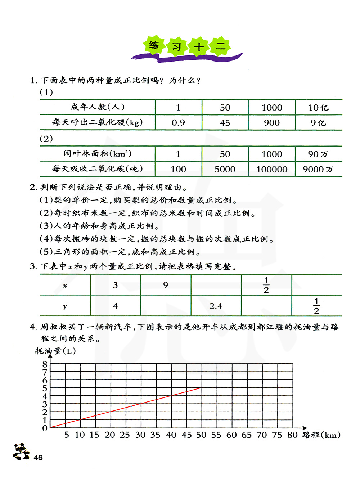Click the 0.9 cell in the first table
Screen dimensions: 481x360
(178, 123)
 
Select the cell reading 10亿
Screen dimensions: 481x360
(318, 108)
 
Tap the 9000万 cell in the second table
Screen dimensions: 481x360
(318, 169)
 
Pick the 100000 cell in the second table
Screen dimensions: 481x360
(272, 169)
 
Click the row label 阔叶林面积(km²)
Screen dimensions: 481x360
(98, 154)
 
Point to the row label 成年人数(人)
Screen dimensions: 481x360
(98, 107)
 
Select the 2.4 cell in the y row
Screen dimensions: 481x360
(216, 306)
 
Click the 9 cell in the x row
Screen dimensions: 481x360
(166, 285)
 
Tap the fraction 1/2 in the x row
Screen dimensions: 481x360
(266, 285)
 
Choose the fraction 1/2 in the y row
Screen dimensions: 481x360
(316, 306)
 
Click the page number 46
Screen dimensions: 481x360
(38, 458)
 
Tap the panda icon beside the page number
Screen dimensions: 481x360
(21, 451)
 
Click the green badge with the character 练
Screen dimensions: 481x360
(154, 45)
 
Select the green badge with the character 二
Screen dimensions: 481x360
(220, 46)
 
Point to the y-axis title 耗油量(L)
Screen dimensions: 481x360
(55, 351)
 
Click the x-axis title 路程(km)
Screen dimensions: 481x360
(321, 435)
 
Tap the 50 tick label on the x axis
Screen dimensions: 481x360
(201, 435)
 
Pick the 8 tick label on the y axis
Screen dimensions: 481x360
(45, 364)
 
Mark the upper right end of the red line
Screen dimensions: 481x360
(201, 388)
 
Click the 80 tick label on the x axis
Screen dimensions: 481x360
(292, 435)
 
